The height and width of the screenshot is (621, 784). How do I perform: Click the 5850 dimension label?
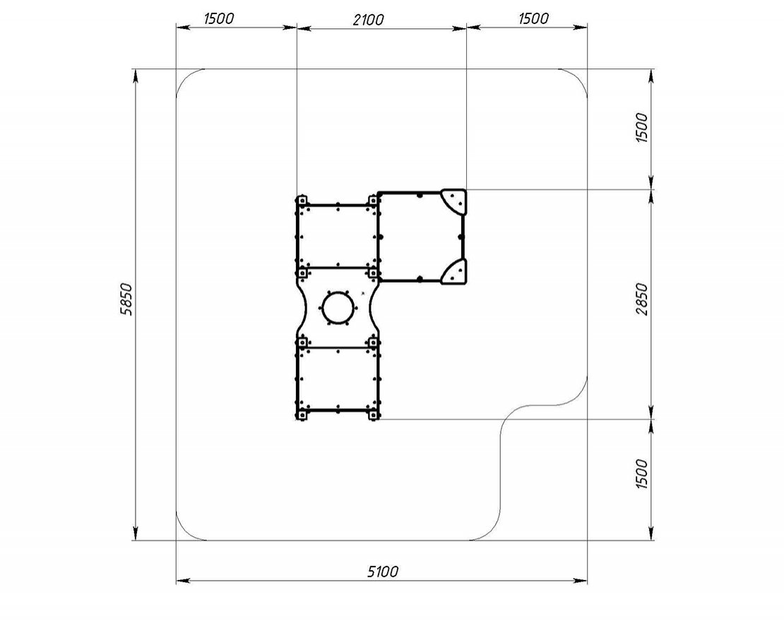coord(127,299)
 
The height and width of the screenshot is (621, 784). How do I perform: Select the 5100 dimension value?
coord(383,571)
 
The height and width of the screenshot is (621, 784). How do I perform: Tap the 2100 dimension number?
coord(369,20)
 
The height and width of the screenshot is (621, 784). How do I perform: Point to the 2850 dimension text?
coord(641,299)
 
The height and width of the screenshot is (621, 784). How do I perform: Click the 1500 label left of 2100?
coord(218,18)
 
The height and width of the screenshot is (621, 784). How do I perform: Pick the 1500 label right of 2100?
coord(533,18)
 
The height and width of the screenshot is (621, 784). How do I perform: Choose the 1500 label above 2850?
coord(641,127)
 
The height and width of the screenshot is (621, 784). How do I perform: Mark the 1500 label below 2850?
coord(641,473)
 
